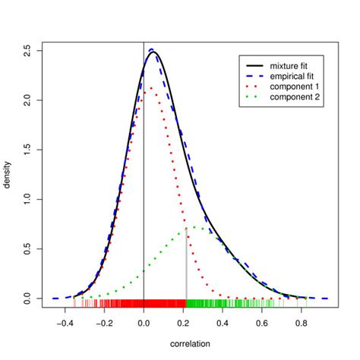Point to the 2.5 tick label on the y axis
[28, 50]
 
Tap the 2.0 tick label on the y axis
[28, 100]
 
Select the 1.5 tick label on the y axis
[28, 150]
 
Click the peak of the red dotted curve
[151, 88]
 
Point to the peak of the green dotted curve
[196, 226]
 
